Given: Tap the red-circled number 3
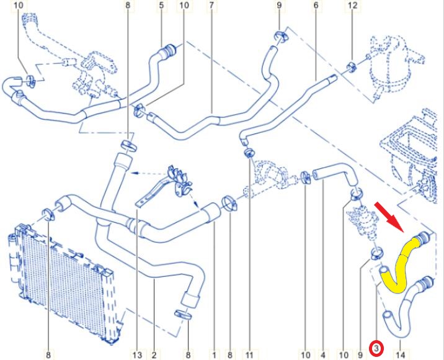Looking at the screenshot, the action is (376, 349).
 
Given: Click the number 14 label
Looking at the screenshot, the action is (401, 354).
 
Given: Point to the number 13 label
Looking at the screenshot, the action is (137, 354).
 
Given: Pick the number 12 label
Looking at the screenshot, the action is (353, 5).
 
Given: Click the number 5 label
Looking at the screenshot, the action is (161, 5).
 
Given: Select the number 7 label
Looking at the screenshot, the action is (212, 5).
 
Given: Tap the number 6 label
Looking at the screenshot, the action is (316, 5).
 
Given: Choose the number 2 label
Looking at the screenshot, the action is (154, 354).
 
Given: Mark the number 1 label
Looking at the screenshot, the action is (215, 354).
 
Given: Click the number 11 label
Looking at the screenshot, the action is (249, 354).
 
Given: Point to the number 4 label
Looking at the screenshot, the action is (323, 354).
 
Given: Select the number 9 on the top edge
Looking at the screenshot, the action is (279, 5).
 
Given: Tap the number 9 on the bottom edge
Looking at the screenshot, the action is (360, 354).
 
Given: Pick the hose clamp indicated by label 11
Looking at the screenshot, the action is (249, 153).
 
